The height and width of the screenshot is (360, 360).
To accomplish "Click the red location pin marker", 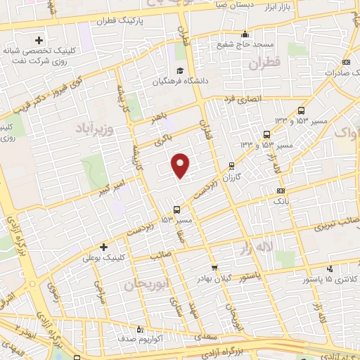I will tap(181, 165).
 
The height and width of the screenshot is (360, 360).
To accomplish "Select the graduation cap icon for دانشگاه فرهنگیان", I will tap(180, 71).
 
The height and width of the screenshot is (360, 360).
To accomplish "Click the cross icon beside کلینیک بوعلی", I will tap(103, 247).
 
